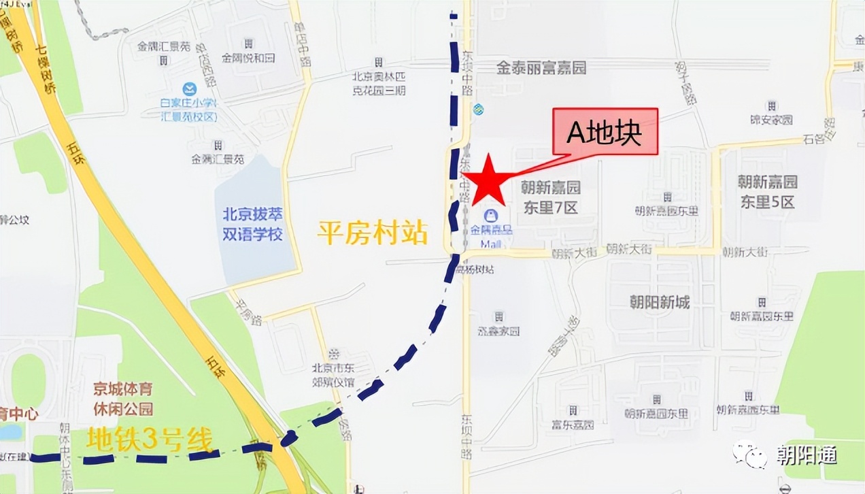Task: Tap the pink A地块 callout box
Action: (x=605, y=131)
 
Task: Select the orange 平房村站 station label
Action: (x=373, y=233)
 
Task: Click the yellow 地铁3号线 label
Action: (x=150, y=440)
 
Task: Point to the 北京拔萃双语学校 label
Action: (x=253, y=224)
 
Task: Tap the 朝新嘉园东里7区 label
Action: (x=551, y=197)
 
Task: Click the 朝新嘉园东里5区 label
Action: (x=767, y=192)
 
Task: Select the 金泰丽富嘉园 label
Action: (x=541, y=68)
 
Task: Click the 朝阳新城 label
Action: (x=659, y=301)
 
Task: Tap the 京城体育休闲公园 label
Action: (x=123, y=399)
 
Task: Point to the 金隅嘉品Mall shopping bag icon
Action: (x=490, y=216)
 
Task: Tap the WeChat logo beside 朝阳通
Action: (x=749, y=455)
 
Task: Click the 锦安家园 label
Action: (x=771, y=120)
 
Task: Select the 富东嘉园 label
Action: (x=573, y=425)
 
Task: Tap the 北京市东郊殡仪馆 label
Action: (x=333, y=375)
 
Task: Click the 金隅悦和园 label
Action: (x=248, y=58)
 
